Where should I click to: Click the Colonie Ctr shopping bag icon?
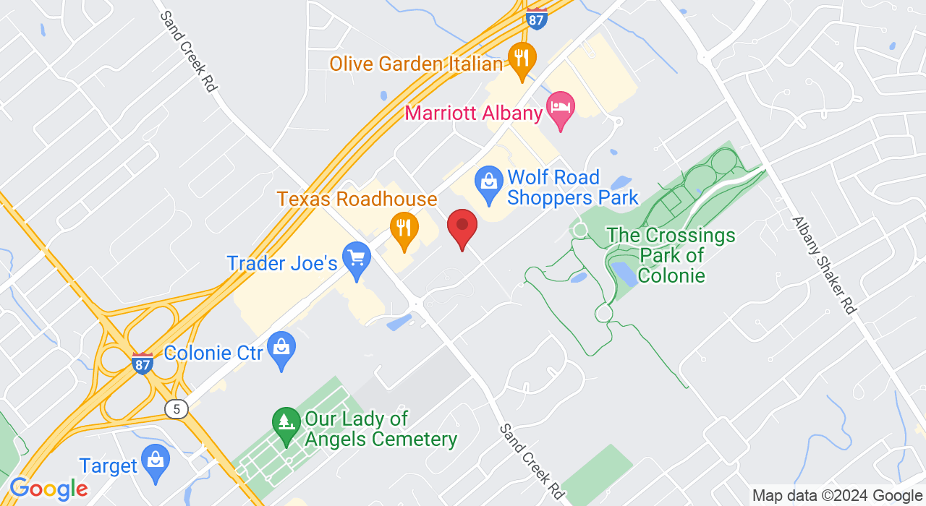(281, 349)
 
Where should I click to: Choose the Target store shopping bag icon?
(155, 461)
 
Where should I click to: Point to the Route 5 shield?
(177, 409)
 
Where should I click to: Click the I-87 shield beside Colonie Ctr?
(143, 363)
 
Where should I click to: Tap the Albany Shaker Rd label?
(824, 265)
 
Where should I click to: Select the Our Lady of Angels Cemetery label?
(381, 429)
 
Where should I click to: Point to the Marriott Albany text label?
(473, 113)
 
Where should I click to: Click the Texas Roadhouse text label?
(357, 199)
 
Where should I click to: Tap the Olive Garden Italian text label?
(416, 64)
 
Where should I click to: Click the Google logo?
(48, 489)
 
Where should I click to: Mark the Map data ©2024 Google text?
(837, 496)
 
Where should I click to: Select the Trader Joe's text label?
(282, 263)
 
